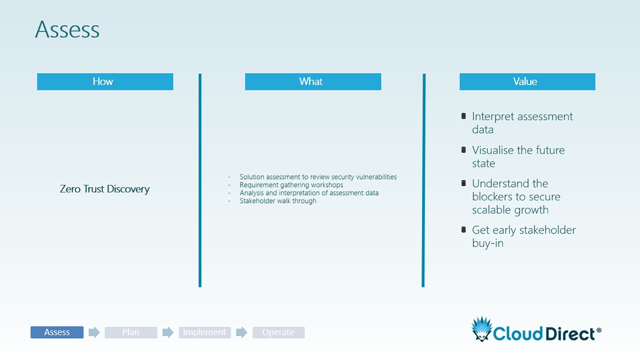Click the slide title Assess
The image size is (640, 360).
[x=67, y=29]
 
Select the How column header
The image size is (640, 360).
[x=105, y=81]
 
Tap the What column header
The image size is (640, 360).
[x=313, y=81]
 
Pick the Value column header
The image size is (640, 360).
[x=527, y=81]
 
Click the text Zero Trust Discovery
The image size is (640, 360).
[x=104, y=189]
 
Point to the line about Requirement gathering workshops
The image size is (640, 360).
[x=291, y=185]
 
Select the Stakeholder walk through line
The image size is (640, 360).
[x=278, y=201]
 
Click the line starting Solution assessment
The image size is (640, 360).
[x=318, y=177]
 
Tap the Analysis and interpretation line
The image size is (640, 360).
[x=309, y=193]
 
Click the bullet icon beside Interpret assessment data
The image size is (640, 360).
[x=463, y=116]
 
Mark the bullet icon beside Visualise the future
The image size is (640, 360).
[x=463, y=149]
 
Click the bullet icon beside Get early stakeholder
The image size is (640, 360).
[x=463, y=229]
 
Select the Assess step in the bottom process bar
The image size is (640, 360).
[x=57, y=332]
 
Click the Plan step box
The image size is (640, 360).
[x=131, y=332]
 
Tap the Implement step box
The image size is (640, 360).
[x=205, y=332]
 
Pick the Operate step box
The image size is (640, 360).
[x=278, y=332]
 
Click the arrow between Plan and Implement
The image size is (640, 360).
[x=168, y=332]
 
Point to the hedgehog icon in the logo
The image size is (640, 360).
[x=482, y=329]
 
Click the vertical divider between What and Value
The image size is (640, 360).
[x=423, y=180]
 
